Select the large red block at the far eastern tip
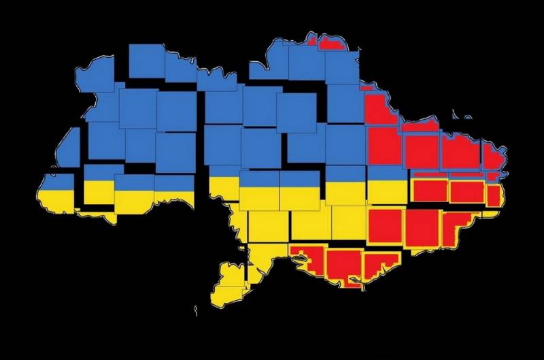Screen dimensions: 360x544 click(494, 155)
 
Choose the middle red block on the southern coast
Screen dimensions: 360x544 click(343, 267)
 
